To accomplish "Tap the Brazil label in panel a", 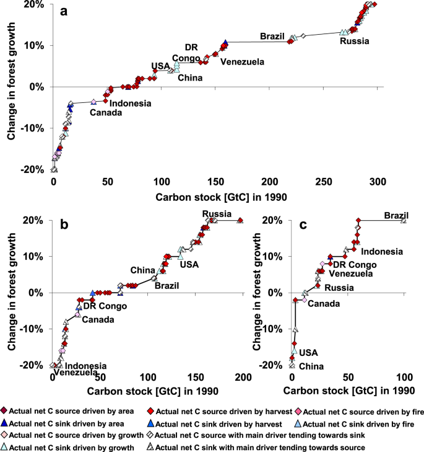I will point(272,35).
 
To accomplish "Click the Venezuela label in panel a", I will point(243,61).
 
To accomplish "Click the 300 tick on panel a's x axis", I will point(377,182).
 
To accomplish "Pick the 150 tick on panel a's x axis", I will point(215,182).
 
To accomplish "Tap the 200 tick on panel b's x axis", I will point(243,378).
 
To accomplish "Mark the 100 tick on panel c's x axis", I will point(405,378).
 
